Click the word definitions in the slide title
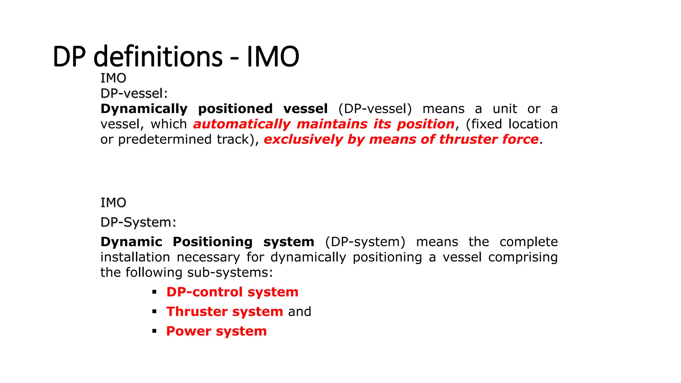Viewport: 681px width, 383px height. tap(158, 57)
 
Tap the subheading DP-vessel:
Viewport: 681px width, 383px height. tap(134, 93)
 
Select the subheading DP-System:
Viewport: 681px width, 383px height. tap(138, 222)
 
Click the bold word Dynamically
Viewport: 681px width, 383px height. tap(144, 109)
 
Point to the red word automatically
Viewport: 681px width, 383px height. tap(242, 124)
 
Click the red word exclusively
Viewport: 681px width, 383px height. tap(303, 140)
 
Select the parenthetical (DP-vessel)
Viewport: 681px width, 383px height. tap(375, 109)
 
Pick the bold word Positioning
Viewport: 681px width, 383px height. tap(212, 242)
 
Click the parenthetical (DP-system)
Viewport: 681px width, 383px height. tap(365, 242)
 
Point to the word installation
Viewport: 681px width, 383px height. tap(135, 257)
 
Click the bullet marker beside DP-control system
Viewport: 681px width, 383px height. tap(154, 292)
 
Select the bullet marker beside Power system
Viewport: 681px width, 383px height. tap(154, 331)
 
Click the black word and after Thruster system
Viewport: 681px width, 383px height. tap(300, 312)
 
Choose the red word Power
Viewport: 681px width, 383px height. tap(189, 331)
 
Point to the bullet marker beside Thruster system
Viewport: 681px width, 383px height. tap(154, 312)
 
